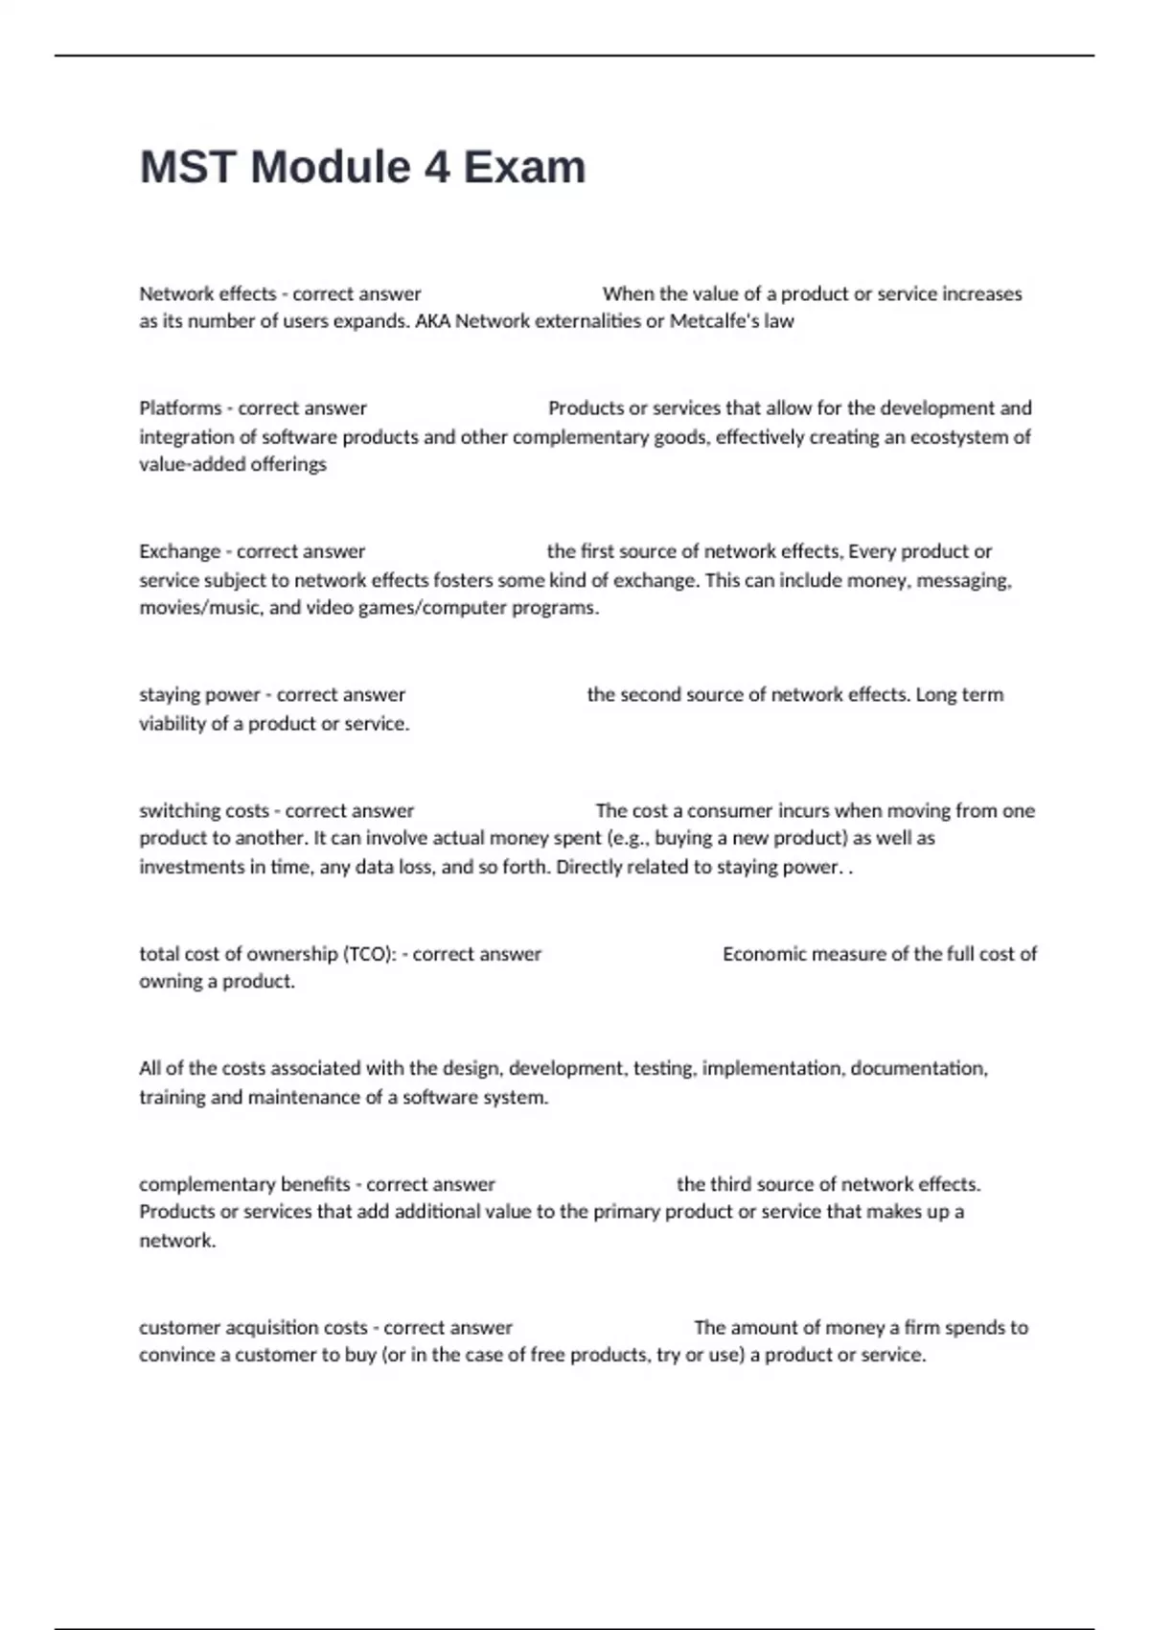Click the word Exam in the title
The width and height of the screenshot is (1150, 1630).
[524, 168]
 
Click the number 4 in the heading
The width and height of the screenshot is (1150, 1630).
[436, 168]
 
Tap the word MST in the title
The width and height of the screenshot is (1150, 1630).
[188, 168]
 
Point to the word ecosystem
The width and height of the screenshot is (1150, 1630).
[959, 437]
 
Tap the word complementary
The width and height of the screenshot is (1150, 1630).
[207, 1184]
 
